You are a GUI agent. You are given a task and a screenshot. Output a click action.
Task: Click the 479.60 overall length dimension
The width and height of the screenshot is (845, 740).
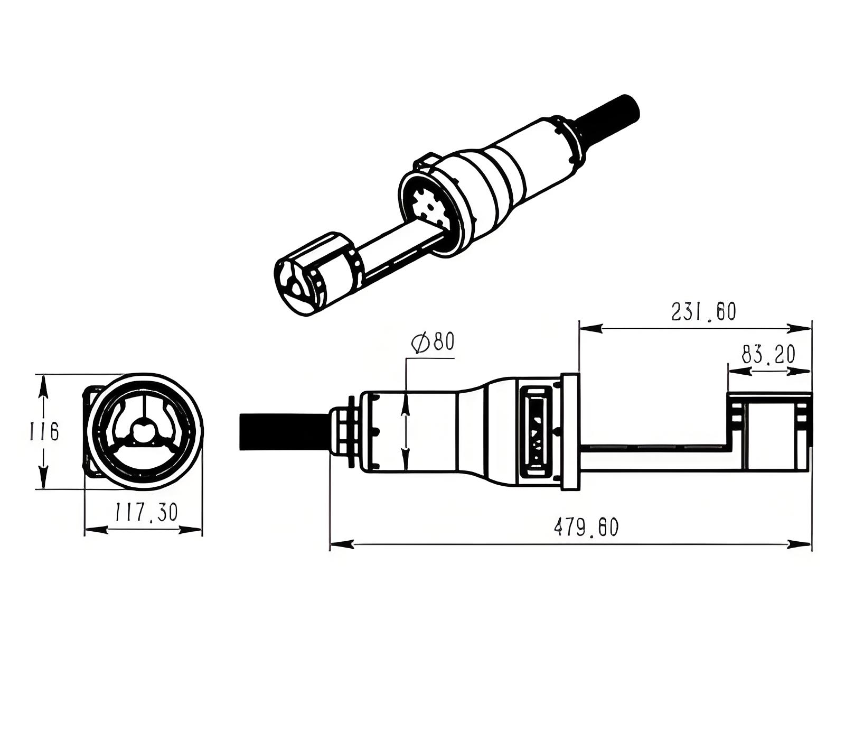click(586, 527)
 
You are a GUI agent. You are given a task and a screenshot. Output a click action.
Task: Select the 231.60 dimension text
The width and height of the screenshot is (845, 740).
click(703, 311)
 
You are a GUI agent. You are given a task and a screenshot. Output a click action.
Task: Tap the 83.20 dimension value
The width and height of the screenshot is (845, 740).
click(768, 354)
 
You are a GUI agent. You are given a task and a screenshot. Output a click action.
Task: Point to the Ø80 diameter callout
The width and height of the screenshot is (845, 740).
click(433, 342)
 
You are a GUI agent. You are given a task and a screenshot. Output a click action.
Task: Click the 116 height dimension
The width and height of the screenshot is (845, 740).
click(44, 431)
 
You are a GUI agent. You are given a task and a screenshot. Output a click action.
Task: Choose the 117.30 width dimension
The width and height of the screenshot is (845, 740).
click(146, 512)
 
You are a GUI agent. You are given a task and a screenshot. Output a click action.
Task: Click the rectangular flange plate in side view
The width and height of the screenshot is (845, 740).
click(570, 431)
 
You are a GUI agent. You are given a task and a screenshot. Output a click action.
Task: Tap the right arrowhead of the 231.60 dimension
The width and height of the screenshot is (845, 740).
click(800, 328)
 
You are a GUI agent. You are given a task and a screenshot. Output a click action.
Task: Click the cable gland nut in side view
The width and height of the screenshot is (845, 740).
click(344, 431)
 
